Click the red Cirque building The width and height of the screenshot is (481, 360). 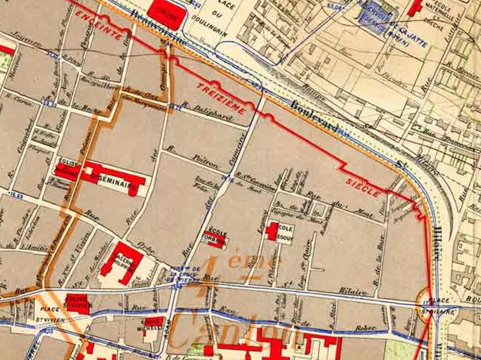pyautogui.click(x=164, y=13)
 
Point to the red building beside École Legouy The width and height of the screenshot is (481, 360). pyautogui.click(x=272, y=231)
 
